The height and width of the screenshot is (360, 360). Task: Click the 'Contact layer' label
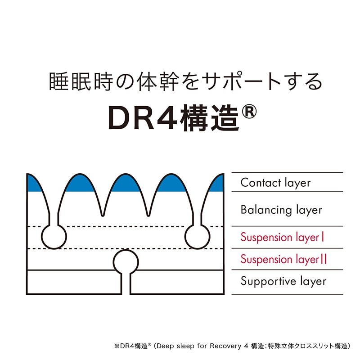[x=275, y=183]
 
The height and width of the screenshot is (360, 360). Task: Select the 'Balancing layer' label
[x=281, y=210]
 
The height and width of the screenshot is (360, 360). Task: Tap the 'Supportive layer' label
[x=283, y=282]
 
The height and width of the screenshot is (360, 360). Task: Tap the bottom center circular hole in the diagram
[x=126, y=261]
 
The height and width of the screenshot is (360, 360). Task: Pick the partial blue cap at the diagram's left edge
[x=33, y=183]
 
